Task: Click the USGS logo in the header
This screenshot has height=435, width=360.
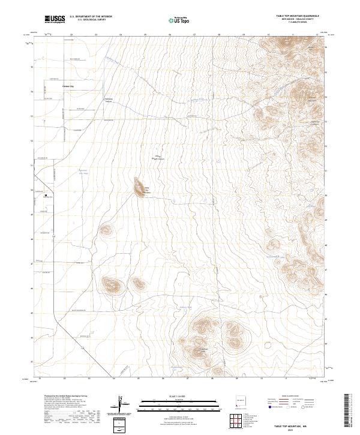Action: (x=54, y=20)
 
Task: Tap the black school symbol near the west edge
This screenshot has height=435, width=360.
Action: (x=46, y=194)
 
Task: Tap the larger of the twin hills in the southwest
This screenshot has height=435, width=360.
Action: (x=112, y=284)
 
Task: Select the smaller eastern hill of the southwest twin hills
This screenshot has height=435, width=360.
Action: (x=139, y=283)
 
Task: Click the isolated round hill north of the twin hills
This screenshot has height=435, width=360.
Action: (x=106, y=229)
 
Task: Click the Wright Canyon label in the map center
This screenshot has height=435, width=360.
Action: (x=159, y=158)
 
